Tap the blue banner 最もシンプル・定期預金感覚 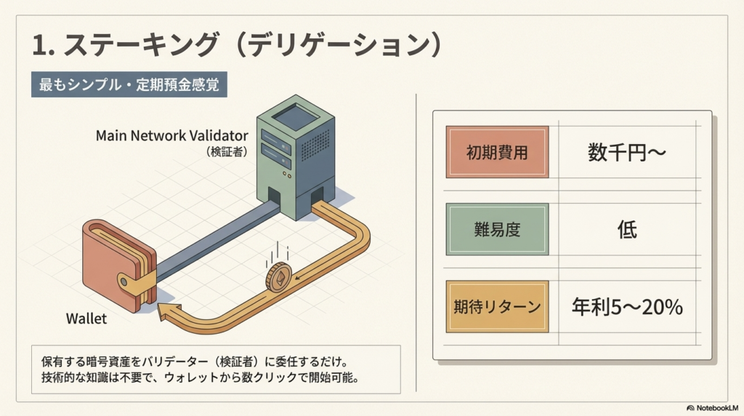130,84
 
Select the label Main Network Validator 172,135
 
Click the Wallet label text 86,319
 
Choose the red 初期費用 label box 497,153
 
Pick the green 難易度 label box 497,230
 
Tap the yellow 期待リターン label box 497,307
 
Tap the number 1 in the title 41,45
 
